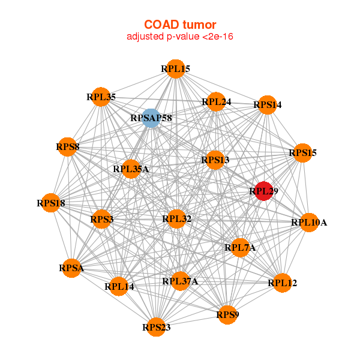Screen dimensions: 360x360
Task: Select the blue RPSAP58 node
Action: tap(151, 118)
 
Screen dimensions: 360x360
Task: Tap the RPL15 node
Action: tap(175, 69)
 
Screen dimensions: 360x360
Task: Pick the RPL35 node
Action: tap(101, 97)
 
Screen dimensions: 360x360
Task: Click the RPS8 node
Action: tap(68, 147)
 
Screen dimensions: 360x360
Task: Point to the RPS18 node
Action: tap(51, 203)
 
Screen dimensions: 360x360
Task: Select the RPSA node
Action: tap(71, 268)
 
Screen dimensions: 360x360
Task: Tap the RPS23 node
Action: tap(157, 327)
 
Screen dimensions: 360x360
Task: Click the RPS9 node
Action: tap(227, 314)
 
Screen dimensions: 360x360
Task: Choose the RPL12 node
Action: tap(282, 283)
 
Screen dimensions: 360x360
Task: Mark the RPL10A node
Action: tap(309, 223)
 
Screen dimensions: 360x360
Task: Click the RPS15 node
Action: tap(302, 153)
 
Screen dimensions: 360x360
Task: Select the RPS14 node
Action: tap(268, 105)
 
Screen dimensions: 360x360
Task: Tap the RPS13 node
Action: tap(215, 160)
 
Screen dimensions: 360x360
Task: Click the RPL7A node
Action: tap(240, 247)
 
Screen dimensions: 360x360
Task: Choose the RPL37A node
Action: tap(180, 281)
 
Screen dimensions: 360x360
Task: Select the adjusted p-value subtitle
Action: tap(179, 37)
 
